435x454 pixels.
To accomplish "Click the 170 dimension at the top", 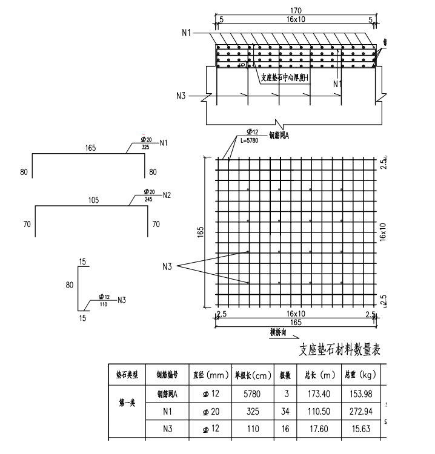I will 296,10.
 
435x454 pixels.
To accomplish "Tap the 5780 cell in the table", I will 251,394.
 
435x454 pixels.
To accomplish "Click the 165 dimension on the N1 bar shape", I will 91,148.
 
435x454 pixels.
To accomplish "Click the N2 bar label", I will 167,195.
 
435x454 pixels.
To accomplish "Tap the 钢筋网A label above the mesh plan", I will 279,136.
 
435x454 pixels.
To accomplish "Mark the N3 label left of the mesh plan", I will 168,266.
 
